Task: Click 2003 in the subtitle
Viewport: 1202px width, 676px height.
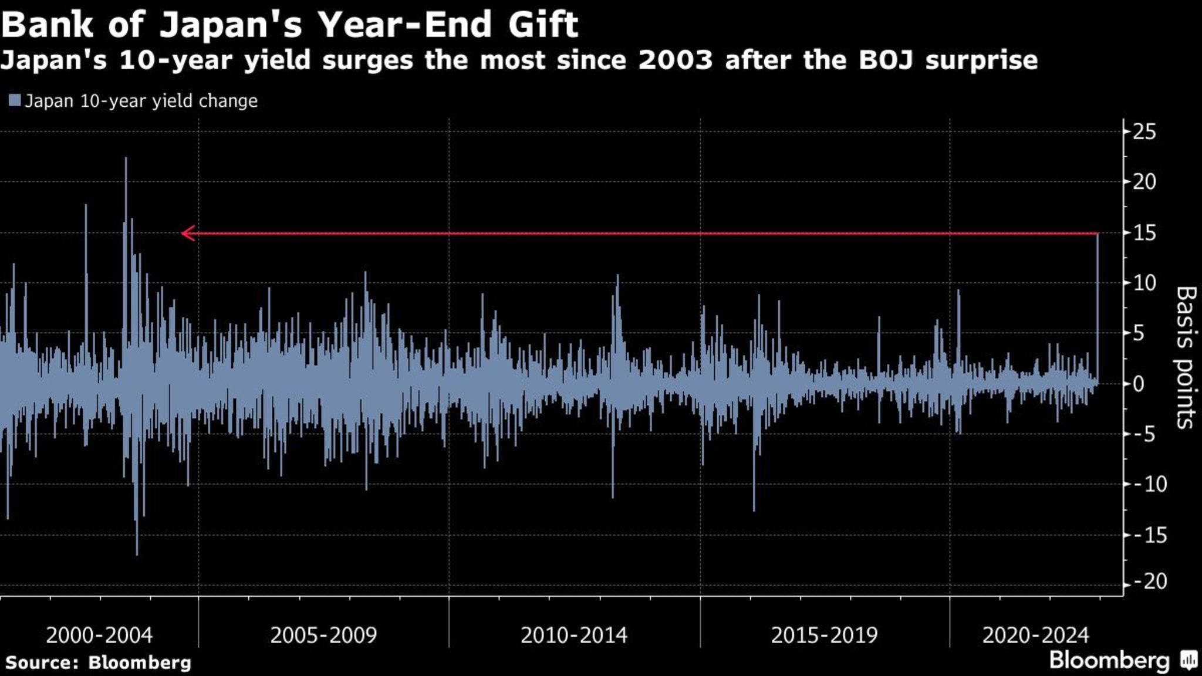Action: tap(676, 60)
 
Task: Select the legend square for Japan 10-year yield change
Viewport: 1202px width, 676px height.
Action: tap(15, 100)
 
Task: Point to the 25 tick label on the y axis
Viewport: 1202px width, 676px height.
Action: tap(1144, 132)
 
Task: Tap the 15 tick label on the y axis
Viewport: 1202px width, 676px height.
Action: tap(1144, 233)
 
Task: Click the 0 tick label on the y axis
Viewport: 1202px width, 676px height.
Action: tap(1139, 384)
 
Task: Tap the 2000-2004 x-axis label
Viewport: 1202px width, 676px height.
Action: tap(99, 635)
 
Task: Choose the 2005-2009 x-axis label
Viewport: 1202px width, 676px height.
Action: tap(323, 635)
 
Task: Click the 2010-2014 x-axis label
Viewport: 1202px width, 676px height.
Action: tap(574, 635)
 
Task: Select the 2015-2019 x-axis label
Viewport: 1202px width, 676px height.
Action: tap(824, 635)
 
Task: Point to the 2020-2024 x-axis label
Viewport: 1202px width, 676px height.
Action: tap(1036, 635)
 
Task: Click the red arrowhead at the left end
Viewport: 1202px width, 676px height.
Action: tap(187, 234)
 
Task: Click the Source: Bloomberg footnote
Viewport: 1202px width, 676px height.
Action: tap(98, 663)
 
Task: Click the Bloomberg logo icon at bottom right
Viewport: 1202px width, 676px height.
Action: tap(1189, 660)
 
